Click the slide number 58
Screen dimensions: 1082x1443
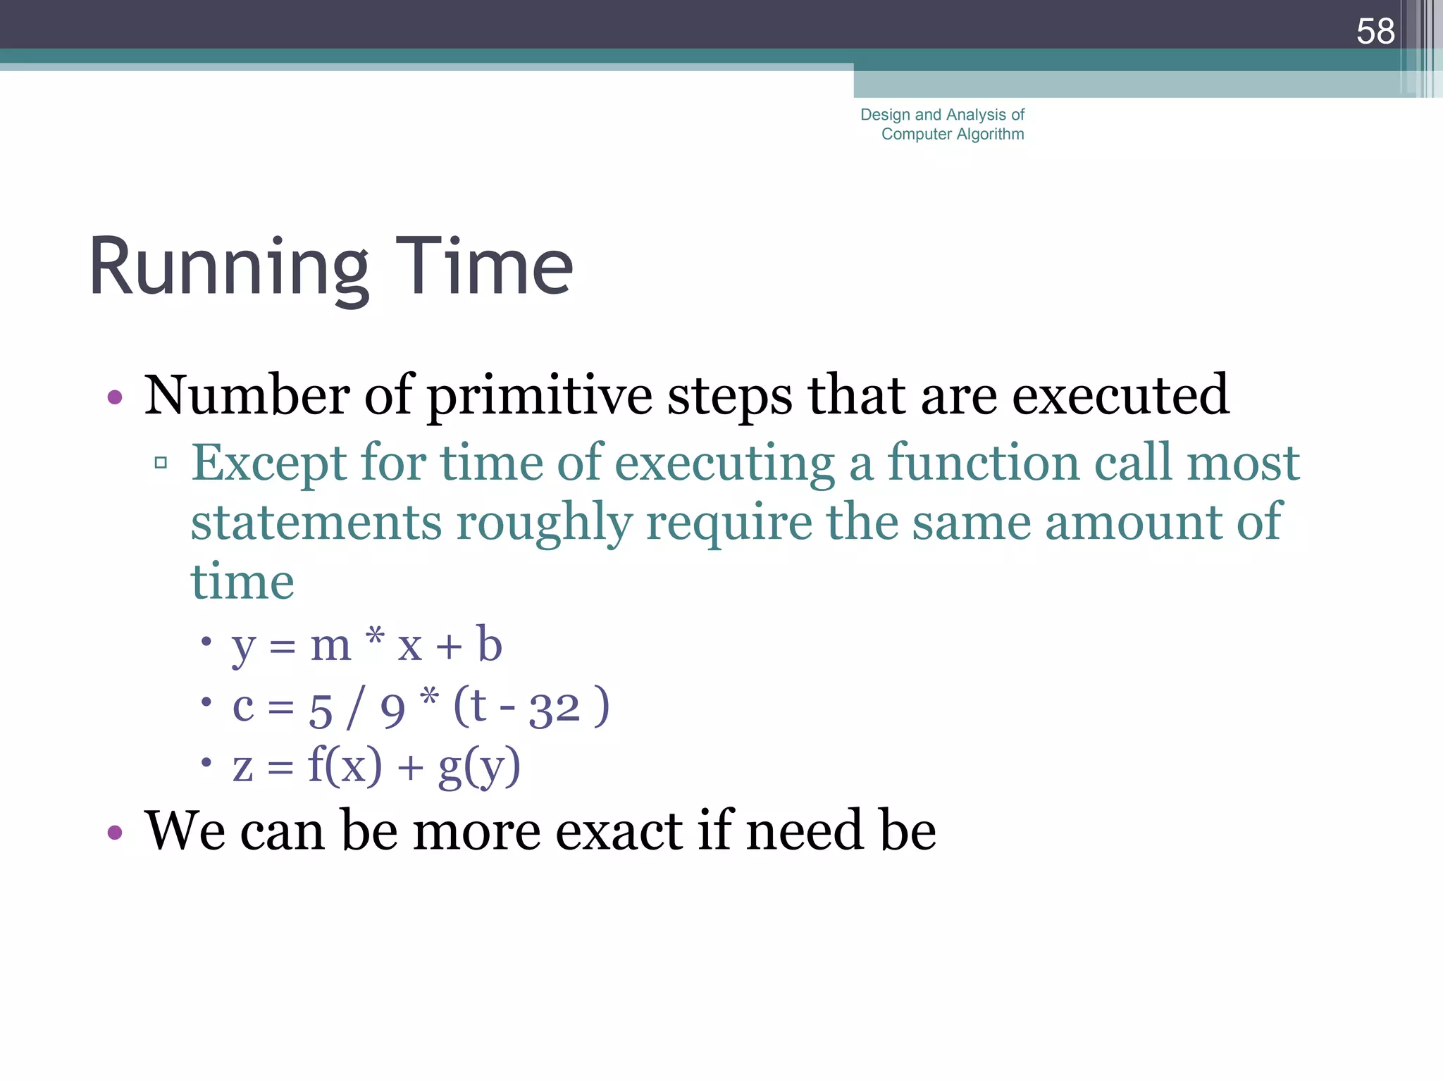tap(1375, 32)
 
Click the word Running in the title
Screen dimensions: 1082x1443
tap(229, 268)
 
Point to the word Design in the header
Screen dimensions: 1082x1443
tap(885, 115)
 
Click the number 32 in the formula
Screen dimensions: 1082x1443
tap(555, 708)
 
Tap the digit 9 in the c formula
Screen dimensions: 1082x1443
tap(392, 710)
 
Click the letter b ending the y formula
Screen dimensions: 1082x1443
tap(489, 644)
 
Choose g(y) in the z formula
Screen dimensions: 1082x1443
tap(479, 766)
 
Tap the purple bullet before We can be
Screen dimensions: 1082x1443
tap(115, 833)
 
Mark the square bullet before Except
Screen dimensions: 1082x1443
tap(161, 463)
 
